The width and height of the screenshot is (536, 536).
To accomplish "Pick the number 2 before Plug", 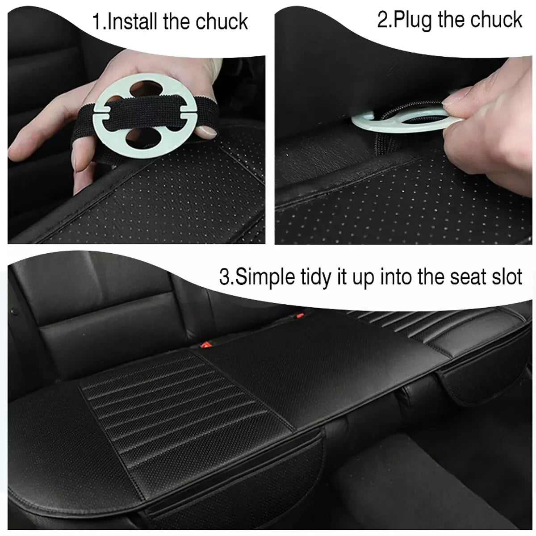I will tap(382, 20).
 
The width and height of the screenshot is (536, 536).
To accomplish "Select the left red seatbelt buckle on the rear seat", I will tap(206, 344).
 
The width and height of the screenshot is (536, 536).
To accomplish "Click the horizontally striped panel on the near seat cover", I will tap(165, 393).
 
